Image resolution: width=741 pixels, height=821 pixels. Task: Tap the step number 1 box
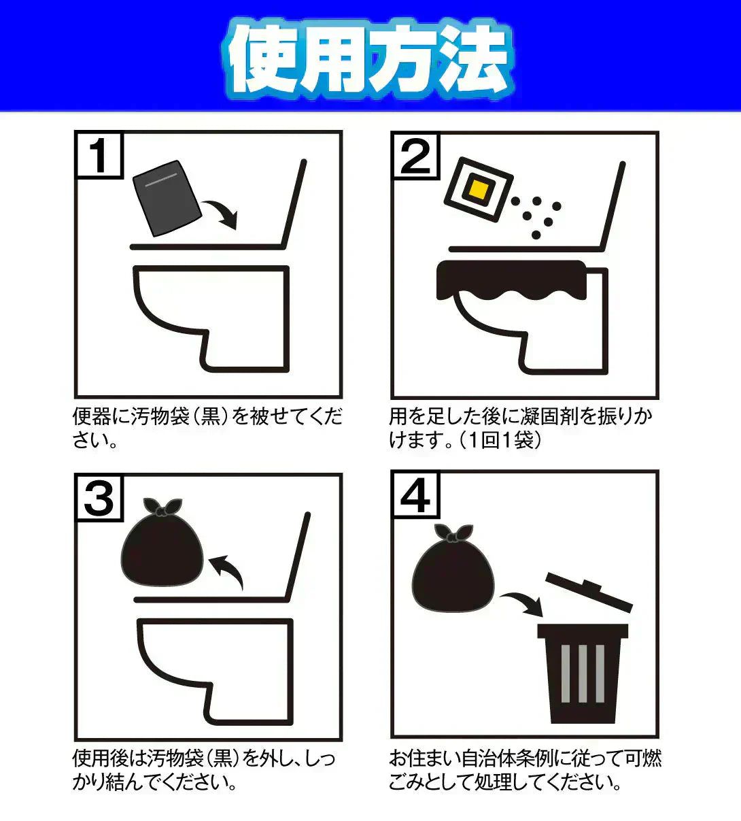coord(99,156)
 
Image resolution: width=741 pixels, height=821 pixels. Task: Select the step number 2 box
coord(416,156)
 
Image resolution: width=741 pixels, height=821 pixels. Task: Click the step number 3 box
coord(99,498)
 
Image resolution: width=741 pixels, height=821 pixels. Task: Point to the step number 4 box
coord(416,495)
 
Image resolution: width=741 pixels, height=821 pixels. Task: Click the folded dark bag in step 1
coord(167,199)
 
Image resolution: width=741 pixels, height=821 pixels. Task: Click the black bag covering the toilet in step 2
coord(511,280)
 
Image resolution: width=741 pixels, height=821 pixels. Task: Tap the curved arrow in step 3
coord(228,570)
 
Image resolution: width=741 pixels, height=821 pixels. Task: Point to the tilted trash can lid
coord(589,592)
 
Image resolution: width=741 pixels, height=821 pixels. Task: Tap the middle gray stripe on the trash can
coord(583,674)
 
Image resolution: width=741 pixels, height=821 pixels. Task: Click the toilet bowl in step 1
coord(211,319)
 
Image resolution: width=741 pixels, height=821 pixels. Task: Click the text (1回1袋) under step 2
coord(500,440)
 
